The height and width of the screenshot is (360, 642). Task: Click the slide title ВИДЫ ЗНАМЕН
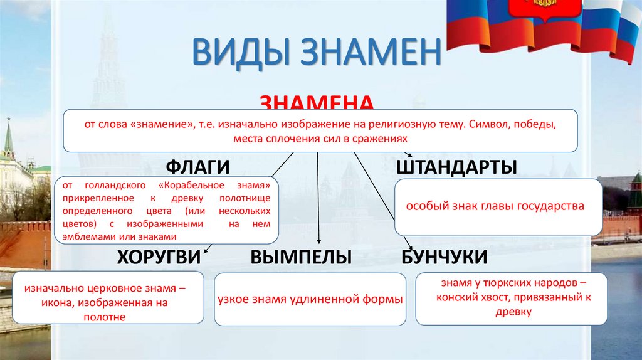pyautogui.click(x=317, y=52)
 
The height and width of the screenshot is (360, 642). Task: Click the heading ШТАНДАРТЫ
pyautogui.click(x=456, y=167)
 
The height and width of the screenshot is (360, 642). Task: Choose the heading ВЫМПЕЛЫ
pyautogui.click(x=300, y=257)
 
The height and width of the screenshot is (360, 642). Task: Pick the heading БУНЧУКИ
pyautogui.click(x=444, y=257)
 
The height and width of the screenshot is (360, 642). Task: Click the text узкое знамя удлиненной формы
pyautogui.click(x=310, y=299)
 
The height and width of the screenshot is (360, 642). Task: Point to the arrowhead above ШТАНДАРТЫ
pyautogui.click(x=409, y=154)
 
